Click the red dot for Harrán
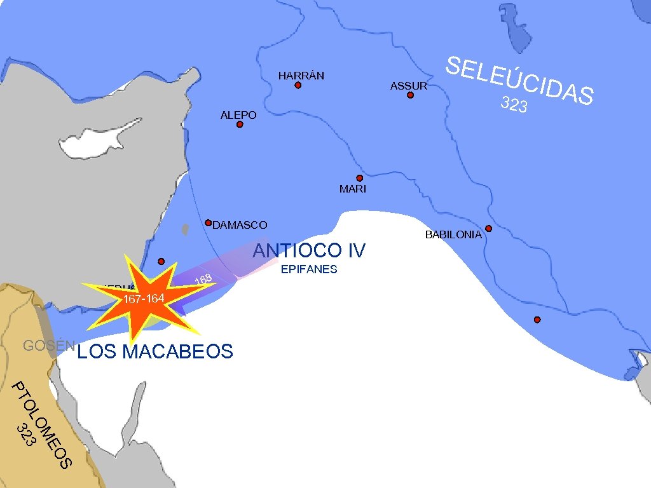298,85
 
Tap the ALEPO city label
238,115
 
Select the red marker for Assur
410,95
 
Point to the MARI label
353,189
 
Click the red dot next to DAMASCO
208,223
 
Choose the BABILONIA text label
453,235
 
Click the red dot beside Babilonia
488,228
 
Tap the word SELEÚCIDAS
519,81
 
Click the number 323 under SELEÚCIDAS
514,104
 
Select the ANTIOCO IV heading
309,251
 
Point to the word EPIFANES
309,269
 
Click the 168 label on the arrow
203,279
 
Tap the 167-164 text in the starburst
144,299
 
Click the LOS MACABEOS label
154,351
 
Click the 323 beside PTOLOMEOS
25,435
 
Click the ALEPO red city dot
240,125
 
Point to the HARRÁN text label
301,76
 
